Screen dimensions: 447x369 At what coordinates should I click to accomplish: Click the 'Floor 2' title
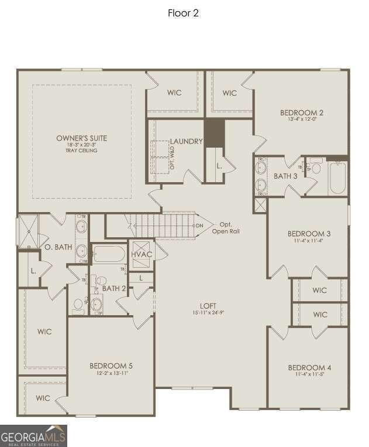tap(184, 13)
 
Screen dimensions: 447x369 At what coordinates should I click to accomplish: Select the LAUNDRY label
tap(186, 142)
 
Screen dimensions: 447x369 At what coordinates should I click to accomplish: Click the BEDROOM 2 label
tap(302, 112)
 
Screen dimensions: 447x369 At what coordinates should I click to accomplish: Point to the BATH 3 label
tap(285, 176)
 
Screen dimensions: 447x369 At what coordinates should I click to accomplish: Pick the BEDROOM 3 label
tap(309, 234)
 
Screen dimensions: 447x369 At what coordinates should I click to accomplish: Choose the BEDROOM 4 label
tap(309, 368)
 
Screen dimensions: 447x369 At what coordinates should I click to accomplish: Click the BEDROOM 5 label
tap(111, 366)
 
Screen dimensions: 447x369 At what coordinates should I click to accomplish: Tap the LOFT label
tap(208, 306)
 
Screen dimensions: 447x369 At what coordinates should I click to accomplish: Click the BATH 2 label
tap(114, 288)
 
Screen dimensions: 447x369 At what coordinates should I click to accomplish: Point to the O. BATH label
tap(58, 247)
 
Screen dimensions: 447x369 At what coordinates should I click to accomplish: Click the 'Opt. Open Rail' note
tap(226, 228)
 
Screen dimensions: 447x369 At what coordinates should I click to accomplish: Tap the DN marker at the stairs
tap(200, 226)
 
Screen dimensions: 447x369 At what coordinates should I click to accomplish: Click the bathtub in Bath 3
tap(337, 178)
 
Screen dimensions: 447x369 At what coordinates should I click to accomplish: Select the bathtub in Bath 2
tap(109, 254)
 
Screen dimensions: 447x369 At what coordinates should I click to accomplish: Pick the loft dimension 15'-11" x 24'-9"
tap(208, 313)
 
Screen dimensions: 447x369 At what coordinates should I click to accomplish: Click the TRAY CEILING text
tap(82, 151)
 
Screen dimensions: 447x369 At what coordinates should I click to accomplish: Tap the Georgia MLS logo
tap(33, 435)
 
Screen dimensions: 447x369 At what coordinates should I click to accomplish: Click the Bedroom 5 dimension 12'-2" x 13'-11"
tap(111, 373)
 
